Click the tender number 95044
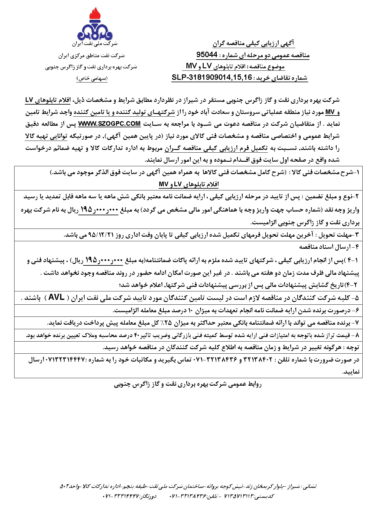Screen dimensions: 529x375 point(207,55)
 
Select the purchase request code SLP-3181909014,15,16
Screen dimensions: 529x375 point(212,77)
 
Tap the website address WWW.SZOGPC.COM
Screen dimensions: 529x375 point(109,124)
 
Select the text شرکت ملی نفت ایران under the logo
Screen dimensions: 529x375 point(95,44)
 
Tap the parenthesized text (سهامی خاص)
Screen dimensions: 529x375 point(92,79)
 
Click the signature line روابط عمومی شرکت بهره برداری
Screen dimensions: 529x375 point(188,384)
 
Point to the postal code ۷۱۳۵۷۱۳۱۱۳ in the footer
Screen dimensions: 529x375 point(238,496)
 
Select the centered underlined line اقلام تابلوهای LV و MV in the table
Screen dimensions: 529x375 point(189,184)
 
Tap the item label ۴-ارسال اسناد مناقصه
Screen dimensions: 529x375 point(329,247)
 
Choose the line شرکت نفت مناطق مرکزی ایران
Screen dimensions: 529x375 point(92,56)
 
